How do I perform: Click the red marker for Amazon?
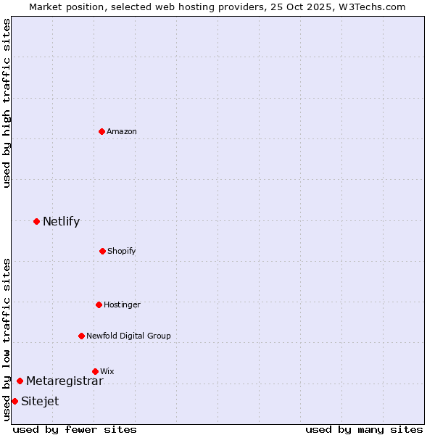101,131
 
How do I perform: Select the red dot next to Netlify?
36,221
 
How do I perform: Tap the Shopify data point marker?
102,251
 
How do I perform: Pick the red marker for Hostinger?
99,304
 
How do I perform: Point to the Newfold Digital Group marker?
81,336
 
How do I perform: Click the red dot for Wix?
95,371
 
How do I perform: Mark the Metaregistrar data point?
20,381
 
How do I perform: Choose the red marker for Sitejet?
14,401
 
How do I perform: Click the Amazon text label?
122,131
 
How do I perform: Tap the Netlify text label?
61,222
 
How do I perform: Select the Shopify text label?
122,251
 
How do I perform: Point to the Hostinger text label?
122,304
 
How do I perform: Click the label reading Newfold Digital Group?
128,336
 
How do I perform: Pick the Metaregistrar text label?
65,381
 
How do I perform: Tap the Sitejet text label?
40,402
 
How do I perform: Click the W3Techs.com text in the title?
370,7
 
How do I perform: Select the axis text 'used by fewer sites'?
75,429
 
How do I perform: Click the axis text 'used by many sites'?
364,429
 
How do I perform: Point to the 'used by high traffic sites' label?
7,103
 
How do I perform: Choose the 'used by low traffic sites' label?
7,339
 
